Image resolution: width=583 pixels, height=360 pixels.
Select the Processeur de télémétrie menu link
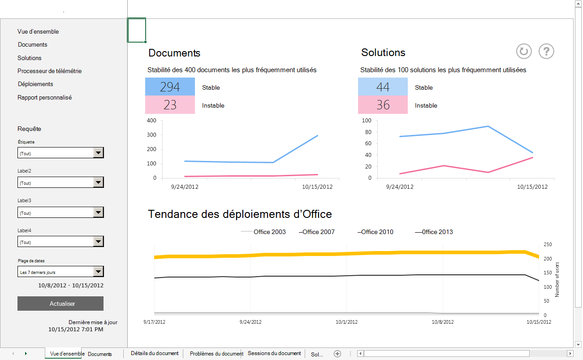pyautogui.click(x=49, y=71)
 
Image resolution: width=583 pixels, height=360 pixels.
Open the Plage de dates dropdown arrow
pyautogui.click(x=99, y=272)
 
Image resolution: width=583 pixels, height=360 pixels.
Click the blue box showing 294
pyautogui.click(x=170, y=87)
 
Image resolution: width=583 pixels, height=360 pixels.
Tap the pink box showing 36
pyautogui.click(x=383, y=105)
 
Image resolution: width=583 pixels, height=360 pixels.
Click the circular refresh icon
pyautogui.click(x=523, y=51)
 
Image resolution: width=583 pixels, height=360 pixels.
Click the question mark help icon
pyautogui.click(x=546, y=51)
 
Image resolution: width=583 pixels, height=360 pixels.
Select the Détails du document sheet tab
pyautogui.click(x=155, y=353)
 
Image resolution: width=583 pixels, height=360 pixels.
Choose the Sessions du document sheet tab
pyautogui.click(x=274, y=353)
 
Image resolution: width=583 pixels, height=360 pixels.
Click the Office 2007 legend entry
pyautogui.click(x=317, y=232)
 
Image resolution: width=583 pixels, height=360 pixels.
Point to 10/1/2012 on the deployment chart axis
pyautogui.click(x=347, y=322)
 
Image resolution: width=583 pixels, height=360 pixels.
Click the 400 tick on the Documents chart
pyautogui.click(x=151, y=121)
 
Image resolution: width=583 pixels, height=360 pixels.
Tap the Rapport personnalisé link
pyautogui.click(x=45, y=97)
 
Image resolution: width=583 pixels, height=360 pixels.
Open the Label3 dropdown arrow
pyautogui.click(x=99, y=213)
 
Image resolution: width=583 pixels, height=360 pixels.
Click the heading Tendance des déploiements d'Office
pyautogui.click(x=240, y=214)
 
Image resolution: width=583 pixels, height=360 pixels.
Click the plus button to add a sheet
pyautogui.click(x=337, y=354)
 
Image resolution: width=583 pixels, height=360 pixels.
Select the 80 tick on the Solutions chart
pyautogui.click(x=367, y=132)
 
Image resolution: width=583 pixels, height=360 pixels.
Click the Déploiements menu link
pyautogui.click(x=35, y=84)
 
